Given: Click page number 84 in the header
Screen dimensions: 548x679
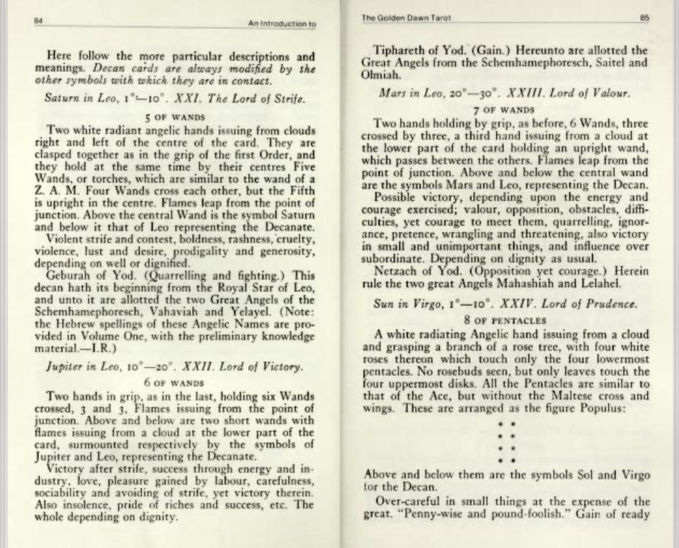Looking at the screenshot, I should [39, 20].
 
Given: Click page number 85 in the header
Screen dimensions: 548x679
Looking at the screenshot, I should [643, 18].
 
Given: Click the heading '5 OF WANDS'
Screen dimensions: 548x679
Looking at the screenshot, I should [174, 116].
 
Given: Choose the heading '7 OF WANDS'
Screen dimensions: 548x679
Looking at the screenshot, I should [503, 109].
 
